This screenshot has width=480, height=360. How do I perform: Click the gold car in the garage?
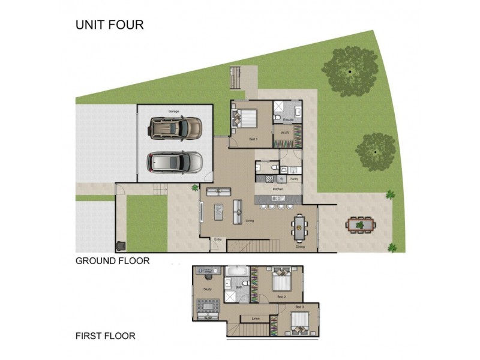pos(175,127)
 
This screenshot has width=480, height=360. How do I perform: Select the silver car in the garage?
pos(175,161)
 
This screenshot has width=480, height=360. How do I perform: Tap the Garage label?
pos(174,111)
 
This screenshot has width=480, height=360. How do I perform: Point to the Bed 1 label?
pos(253,139)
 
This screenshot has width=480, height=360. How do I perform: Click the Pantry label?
pos(294,179)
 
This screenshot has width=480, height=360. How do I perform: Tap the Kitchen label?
pos(278,189)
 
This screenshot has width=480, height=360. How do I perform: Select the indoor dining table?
pos(299,227)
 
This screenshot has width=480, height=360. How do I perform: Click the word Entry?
pos(218,240)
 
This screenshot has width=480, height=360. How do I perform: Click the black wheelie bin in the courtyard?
pos(121,245)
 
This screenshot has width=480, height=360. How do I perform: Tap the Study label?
pos(208,290)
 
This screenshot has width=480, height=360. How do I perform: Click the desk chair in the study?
pos(208,277)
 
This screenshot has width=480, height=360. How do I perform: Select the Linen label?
pos(254,319)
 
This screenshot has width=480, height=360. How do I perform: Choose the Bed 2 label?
pos(281,296)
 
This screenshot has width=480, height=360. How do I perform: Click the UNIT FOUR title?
pos(109,25)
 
